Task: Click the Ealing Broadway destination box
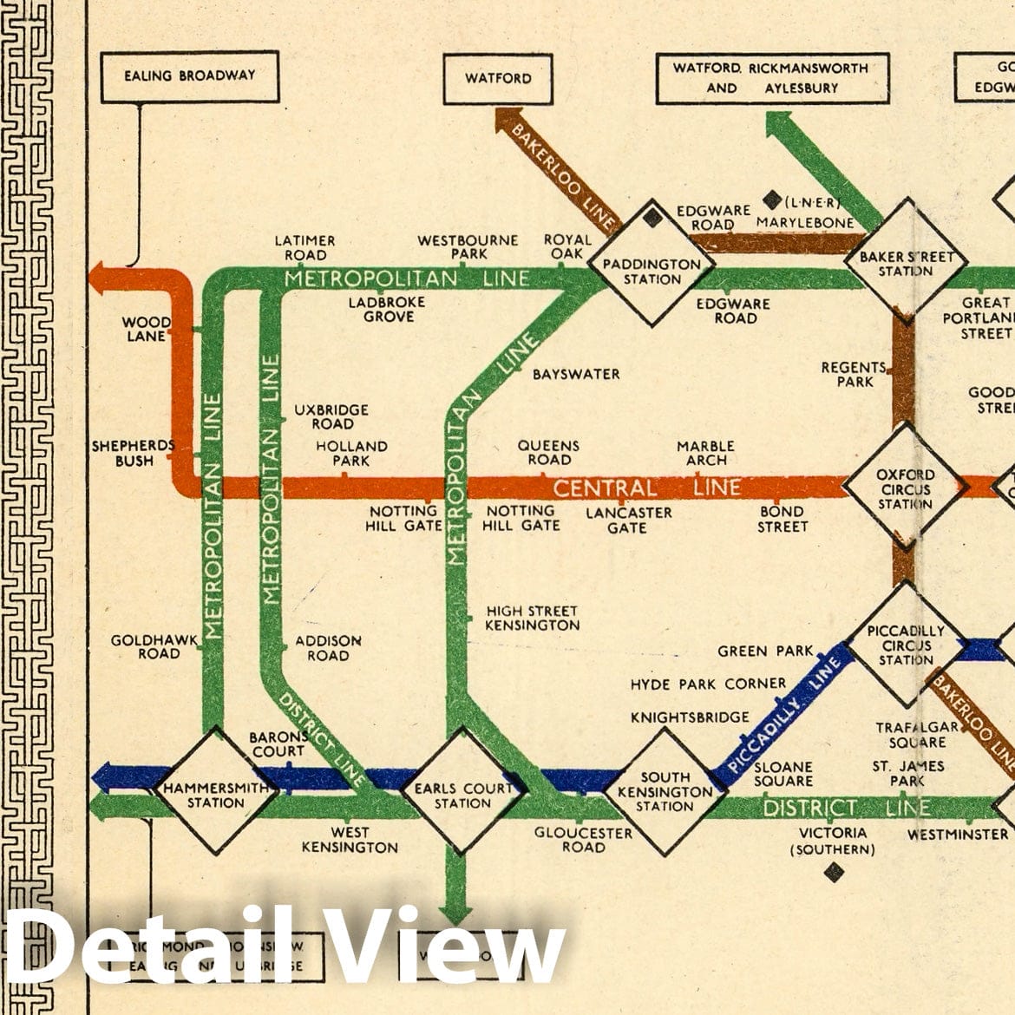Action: [190, 76]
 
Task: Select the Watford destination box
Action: [498, 78]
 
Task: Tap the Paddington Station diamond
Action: [652, 265]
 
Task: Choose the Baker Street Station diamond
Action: [907, 258]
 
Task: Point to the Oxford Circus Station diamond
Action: [905, 488]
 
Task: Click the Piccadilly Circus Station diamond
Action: [906, 645]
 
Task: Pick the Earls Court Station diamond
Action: [463, 791]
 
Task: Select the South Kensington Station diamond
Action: [665, 791]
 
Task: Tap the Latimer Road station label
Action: [304, 247]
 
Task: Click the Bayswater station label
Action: [576, 374]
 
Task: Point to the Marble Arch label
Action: [705, 453]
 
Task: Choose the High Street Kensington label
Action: [532, 618]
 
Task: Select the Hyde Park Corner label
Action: [708, 684]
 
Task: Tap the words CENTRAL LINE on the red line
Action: [646, 488]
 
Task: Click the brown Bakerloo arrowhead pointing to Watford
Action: [508, 119]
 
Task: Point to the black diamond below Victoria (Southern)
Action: [834, 872]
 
